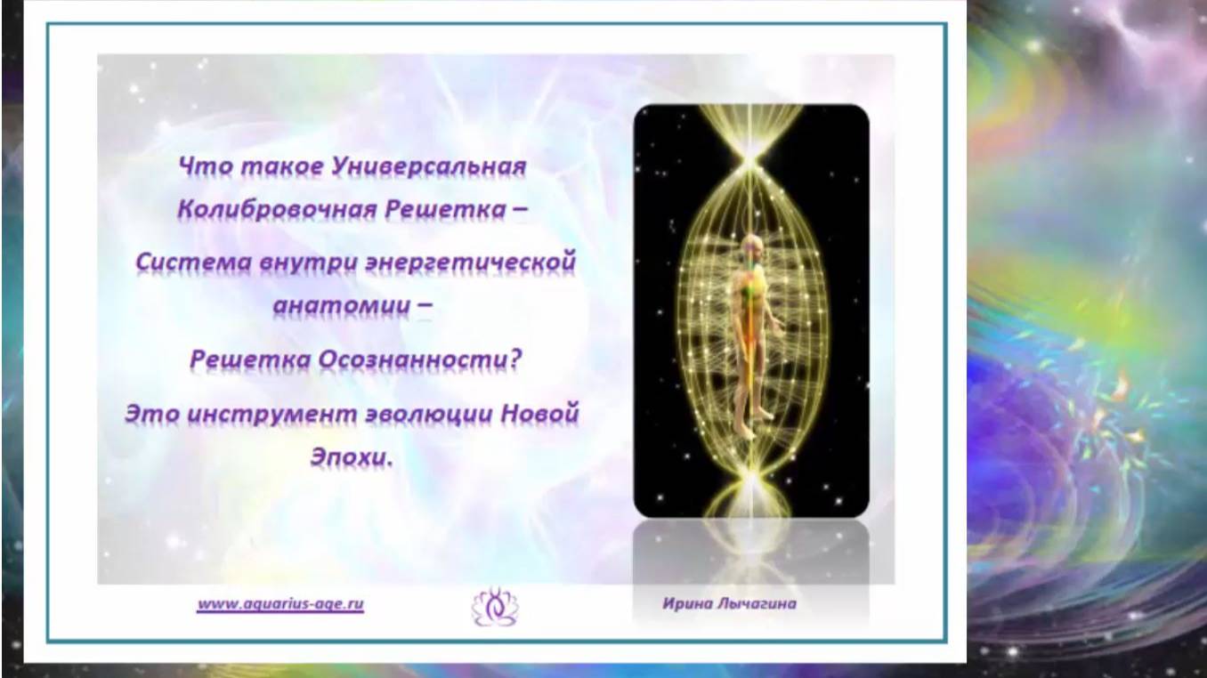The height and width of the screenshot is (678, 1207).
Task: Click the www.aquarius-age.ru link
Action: click(x=280, y=603)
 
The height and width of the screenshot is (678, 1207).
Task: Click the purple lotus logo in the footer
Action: click(x=493, y=606)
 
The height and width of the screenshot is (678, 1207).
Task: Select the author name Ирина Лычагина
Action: click(x=729, y=603)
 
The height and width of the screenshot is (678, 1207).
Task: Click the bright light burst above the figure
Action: click(x=753, y=160)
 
